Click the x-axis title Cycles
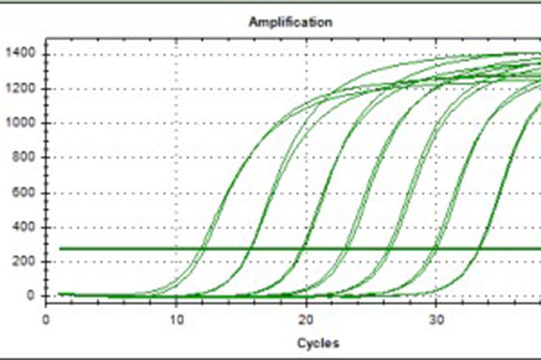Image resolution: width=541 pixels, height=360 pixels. [x=318, y=342]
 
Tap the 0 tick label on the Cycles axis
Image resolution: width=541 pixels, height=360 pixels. [x=46, y=320]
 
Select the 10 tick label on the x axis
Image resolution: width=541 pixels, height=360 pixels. [x=176, y=320]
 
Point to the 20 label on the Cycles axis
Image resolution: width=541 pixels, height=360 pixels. [x=306, y=320]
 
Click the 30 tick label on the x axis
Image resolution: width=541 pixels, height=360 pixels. [x=435, y=320]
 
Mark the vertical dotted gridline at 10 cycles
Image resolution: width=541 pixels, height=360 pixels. [x=176, y=169]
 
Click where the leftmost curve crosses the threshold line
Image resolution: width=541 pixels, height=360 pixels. [x=202, y=248]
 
